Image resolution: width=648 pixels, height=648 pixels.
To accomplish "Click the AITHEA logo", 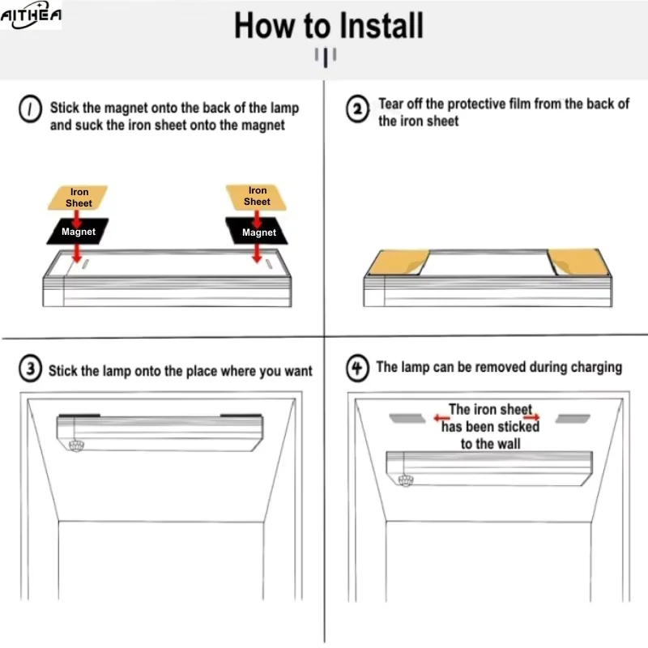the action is [31, 15].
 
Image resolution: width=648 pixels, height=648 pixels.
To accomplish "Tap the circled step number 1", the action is [30, 109].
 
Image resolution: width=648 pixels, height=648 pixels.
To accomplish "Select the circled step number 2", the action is [357, 109].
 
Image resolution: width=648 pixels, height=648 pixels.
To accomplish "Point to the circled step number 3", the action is [30, 369].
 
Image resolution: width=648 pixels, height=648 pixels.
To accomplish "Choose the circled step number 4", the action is [357, 368].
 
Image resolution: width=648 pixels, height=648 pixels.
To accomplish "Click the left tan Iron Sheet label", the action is [78, 198].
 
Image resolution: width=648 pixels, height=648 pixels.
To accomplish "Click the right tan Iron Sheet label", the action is [257, 197].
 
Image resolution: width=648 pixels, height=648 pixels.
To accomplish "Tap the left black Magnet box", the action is [78, 232].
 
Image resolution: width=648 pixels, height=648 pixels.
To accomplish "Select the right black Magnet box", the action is [257, 231].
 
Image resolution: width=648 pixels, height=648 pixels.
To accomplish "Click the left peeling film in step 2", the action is [399, 262].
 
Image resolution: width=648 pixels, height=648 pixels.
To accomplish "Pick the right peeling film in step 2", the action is [578, 262].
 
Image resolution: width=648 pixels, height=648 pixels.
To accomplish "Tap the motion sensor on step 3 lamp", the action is [76, 446].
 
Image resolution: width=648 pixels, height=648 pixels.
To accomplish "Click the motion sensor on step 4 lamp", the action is [406, 480].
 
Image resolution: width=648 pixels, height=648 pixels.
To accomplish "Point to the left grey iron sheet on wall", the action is [407, 418].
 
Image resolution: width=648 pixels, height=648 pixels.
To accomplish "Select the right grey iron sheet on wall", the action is [573, 419].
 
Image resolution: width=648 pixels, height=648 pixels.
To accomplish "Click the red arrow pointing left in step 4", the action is [441, 418].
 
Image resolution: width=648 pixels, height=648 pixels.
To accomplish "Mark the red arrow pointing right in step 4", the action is [532, 417].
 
